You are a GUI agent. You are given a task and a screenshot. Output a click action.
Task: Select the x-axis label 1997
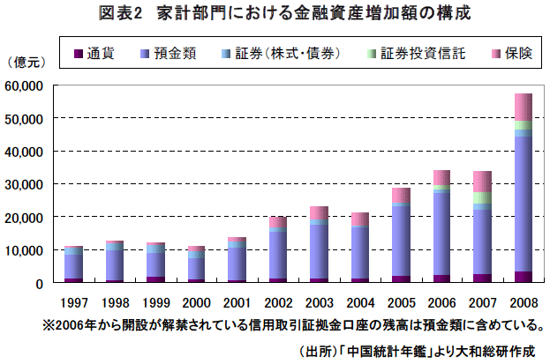73,300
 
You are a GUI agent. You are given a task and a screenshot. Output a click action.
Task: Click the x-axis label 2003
319,300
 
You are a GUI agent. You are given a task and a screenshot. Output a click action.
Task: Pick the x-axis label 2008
524,300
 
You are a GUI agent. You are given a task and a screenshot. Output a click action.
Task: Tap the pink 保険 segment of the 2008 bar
524,107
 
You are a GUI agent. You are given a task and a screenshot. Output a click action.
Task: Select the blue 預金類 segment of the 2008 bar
524,203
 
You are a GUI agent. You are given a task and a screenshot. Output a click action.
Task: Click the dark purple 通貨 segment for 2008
524,277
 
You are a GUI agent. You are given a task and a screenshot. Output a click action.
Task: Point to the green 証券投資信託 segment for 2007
482,198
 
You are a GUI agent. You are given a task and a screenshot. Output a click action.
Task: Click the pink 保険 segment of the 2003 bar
319,212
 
